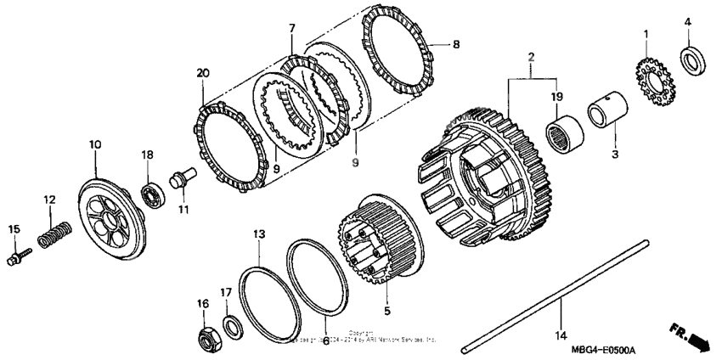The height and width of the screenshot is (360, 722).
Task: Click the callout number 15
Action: [13, 229]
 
